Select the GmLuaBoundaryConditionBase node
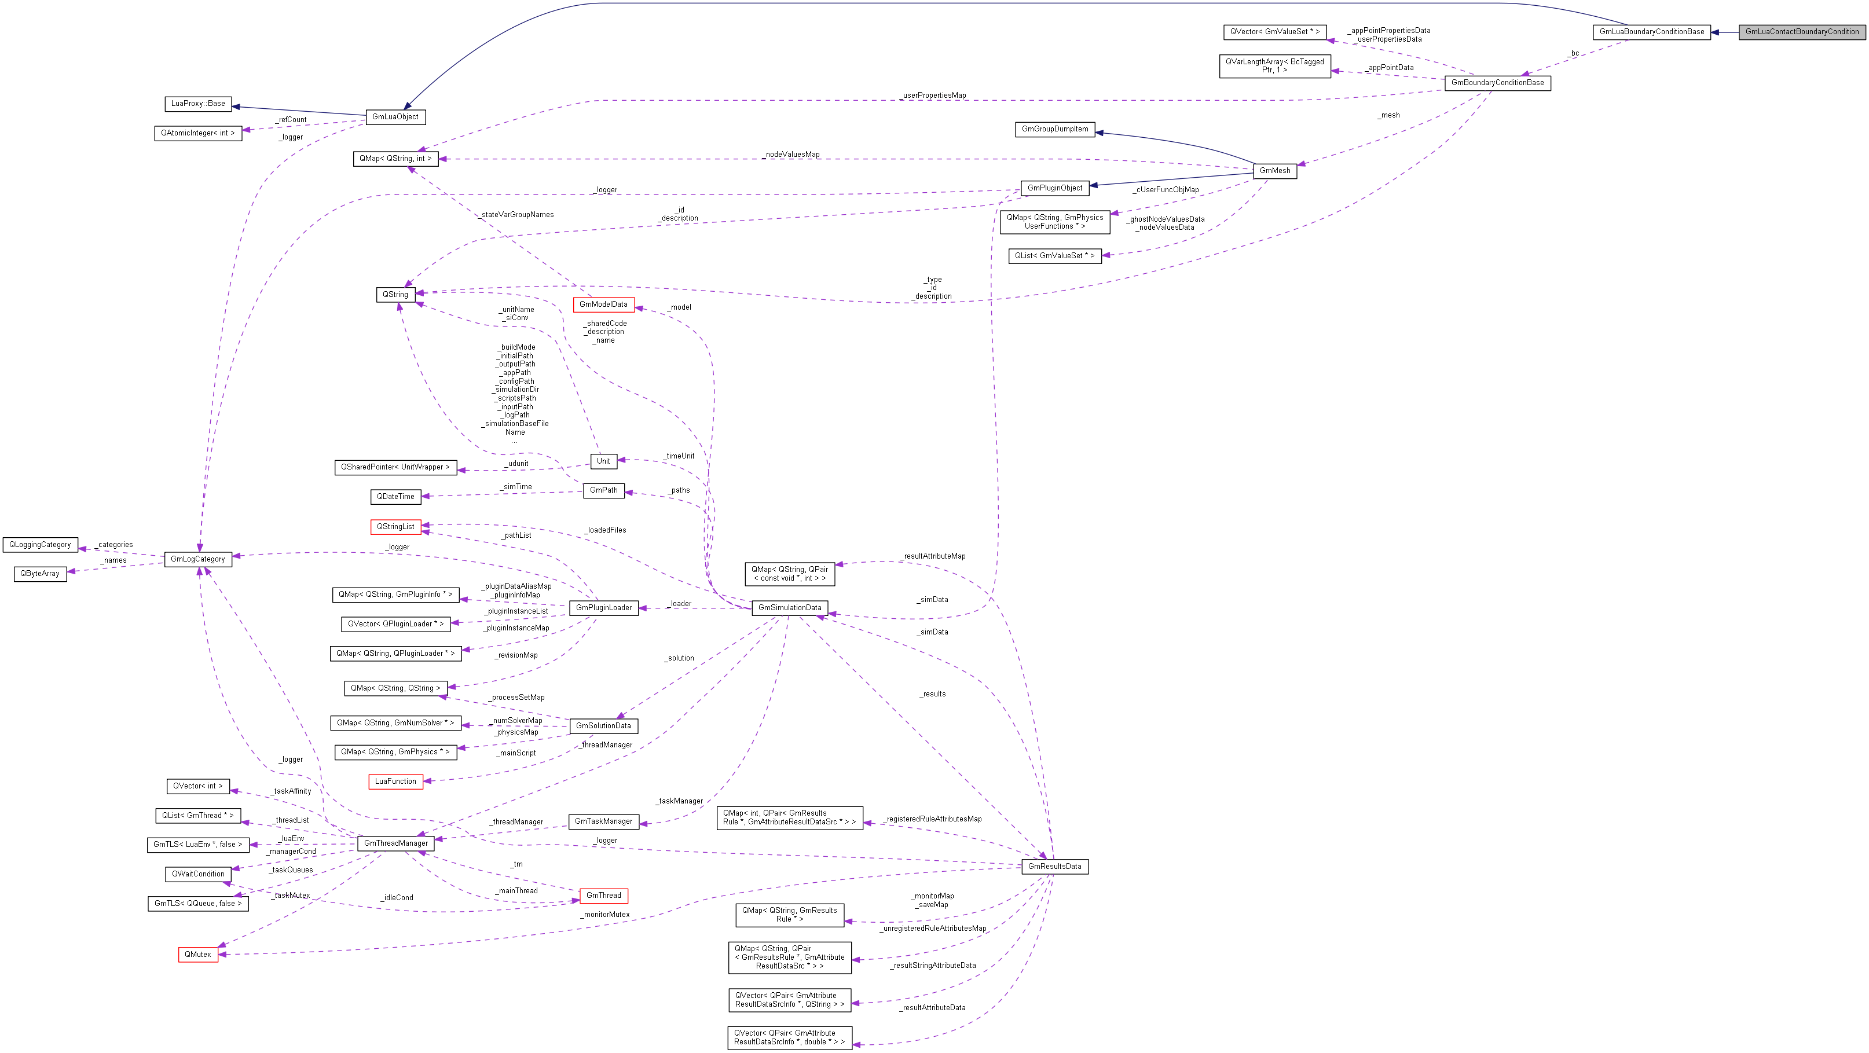(x=1651, y=32)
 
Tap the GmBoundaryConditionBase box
(x=1497, y=83)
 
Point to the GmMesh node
(x=1275, y=170)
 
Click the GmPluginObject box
(x=1054, y=188)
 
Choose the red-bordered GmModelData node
(x=603, y=304)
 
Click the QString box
(x=395, y=295)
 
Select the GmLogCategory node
(x=197, y=559)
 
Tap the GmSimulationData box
(x=789, y=608)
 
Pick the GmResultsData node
(x=1054, y=867)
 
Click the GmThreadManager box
(x=395, y=843)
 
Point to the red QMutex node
(x=198, y=955)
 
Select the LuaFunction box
(x=395, y=781)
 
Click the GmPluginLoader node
(x=604, y=608)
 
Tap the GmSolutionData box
(x=603, y=726)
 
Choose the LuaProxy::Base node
(x=198, y=104)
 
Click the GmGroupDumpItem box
(x=1055, y=129)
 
